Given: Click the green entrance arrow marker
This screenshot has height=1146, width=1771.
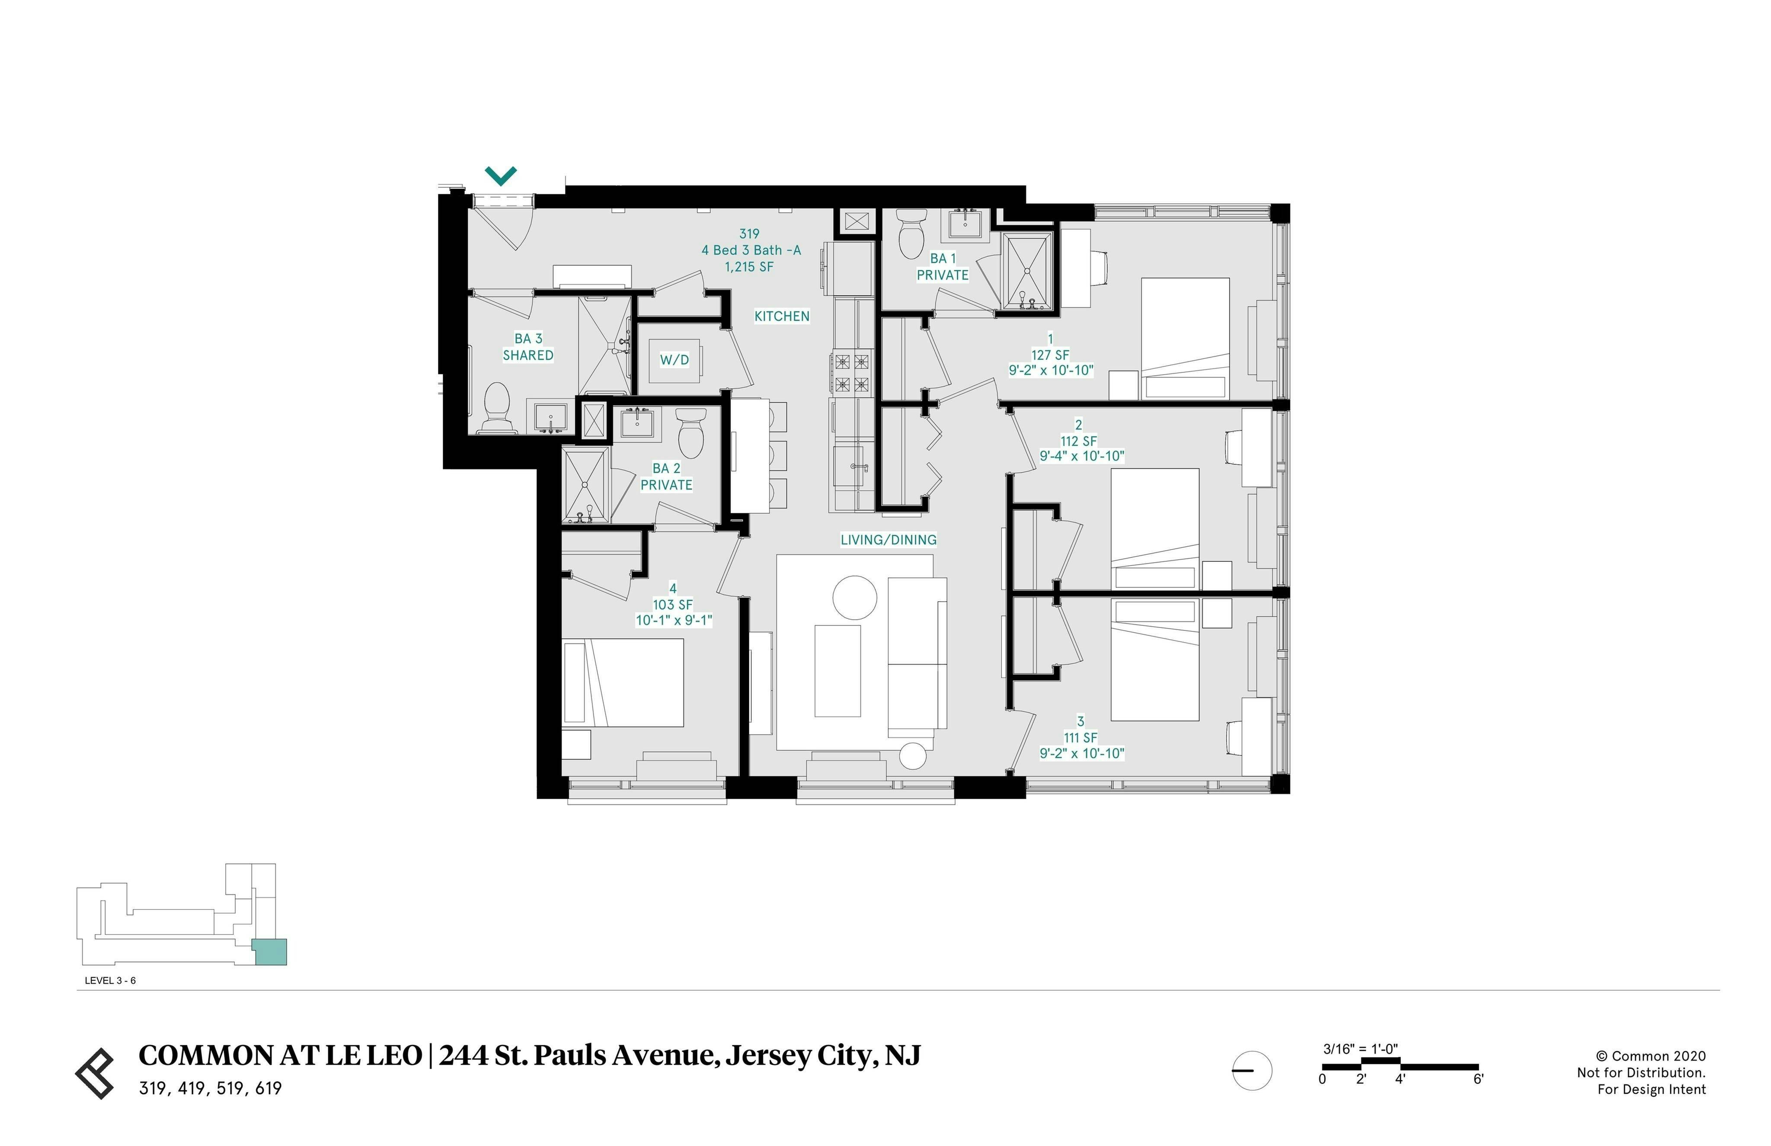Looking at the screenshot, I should coord(501,176).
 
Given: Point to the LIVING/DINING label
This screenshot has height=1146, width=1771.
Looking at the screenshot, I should coord(888,540).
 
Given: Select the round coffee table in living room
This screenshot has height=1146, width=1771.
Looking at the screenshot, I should coord(854,597).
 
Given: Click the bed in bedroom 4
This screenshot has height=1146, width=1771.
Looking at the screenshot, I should coord(623,682).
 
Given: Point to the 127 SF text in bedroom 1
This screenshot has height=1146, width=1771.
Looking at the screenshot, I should coord(1049,355).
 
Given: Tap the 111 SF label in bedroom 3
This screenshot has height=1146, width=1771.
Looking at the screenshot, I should coord(1080,737).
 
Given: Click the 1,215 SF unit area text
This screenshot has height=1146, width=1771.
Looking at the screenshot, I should coord(749,266).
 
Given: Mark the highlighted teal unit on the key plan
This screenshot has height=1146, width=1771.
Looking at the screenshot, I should coord(269,952).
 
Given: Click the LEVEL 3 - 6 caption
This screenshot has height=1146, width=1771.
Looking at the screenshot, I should coord(110,980).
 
